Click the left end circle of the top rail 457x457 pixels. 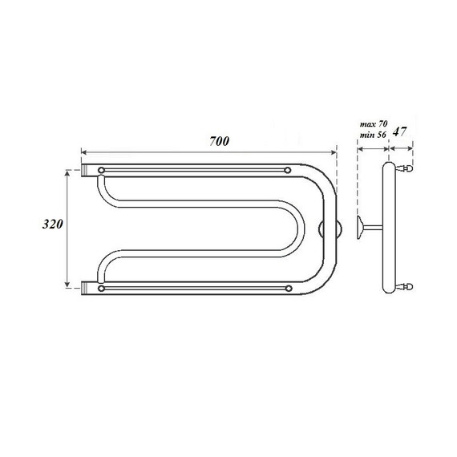coord(101,170)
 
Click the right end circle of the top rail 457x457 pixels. coord(288,170)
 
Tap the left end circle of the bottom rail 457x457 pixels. coord(101,287)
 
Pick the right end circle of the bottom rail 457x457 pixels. coord(288,287)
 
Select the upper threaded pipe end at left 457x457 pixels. coord(87,171)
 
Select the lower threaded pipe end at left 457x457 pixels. coord(87,285)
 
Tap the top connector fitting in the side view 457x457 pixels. coord(407,169)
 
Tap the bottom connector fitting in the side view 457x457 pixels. coord(407,285)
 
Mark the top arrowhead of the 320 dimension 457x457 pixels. coord(67,172)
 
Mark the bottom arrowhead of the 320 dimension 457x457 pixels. coord(67,285)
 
